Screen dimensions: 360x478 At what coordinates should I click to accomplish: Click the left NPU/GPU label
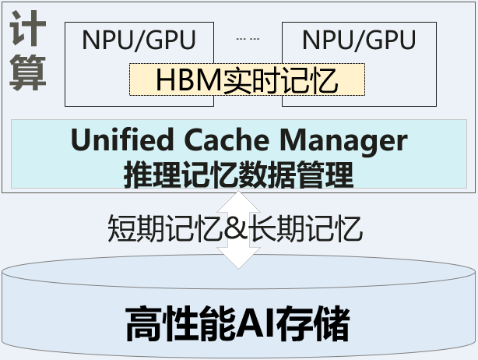138,40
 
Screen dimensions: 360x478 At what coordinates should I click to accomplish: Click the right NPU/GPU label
358,40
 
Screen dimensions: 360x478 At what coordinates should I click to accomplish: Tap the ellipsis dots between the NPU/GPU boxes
248,37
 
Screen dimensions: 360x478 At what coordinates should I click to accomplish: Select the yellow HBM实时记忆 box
247,79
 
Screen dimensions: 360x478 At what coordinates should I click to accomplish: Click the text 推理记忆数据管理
238,172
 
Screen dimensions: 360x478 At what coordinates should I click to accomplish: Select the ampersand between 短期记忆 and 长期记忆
237,228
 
